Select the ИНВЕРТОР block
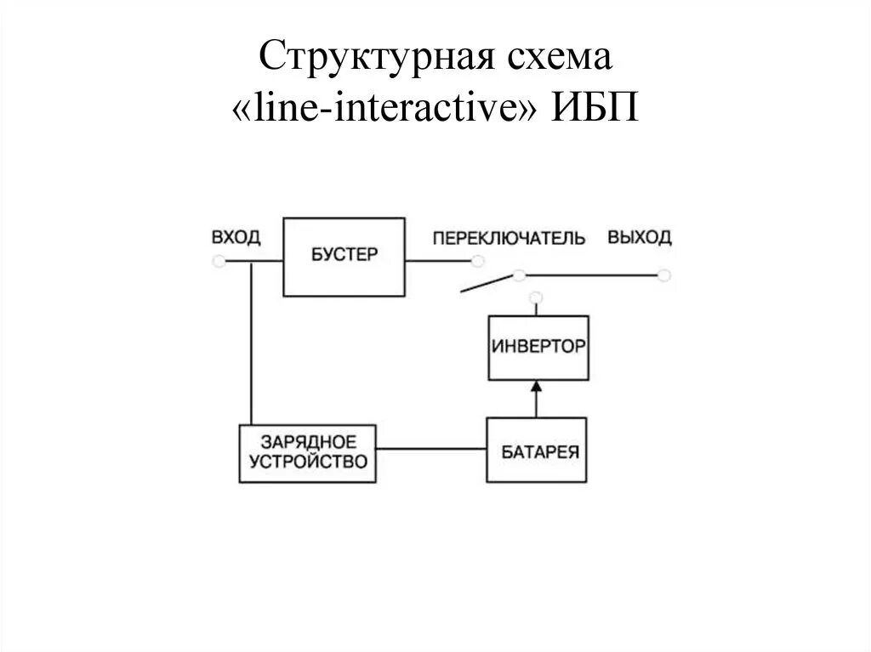coord(538,348)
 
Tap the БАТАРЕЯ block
coord(537,451)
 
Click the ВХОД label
coord(236,237)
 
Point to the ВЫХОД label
coord(639,237)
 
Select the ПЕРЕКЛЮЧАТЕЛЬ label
coord(509,238)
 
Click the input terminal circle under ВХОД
coord(219,262)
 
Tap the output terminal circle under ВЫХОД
coord(664,275)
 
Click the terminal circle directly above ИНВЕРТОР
coord(535,297)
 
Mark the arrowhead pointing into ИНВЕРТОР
coord(536,387)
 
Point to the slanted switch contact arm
coord(486,284)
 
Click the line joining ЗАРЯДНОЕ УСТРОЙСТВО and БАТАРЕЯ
coord(430,448)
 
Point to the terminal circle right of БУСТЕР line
coord(479,262)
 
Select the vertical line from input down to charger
coord(252,340)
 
